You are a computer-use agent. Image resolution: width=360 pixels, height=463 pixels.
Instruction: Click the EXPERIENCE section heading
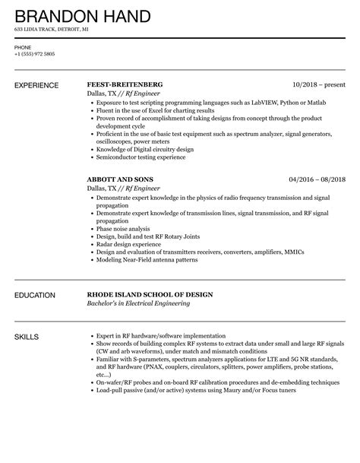tap(37, 84)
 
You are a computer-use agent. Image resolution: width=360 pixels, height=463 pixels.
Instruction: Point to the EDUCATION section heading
tap(35, 294)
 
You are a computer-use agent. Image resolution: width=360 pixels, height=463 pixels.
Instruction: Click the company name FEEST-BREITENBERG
tap(125, 84)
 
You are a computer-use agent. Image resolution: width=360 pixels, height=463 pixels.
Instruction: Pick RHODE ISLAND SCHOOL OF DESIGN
tap(150, 294)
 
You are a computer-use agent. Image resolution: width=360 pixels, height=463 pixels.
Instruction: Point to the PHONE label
tap(23, 47)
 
